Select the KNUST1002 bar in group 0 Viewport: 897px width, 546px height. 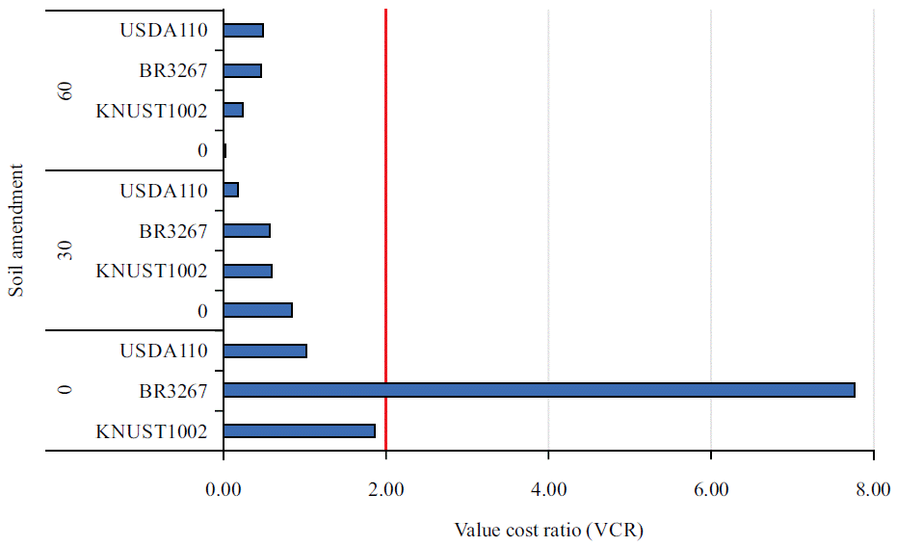click(x=299, y=430)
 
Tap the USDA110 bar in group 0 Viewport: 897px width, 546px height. click(x=265, y=351)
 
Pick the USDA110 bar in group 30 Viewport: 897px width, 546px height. click(x=231, y=190)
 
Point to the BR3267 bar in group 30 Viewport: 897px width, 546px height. click(x=247, y=230)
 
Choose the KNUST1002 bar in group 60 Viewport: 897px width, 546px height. click(x=233, y=110)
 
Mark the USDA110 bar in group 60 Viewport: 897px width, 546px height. click(x=244, y=30)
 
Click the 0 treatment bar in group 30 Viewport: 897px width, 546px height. click(x=257, y=310)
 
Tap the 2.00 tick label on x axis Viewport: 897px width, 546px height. click(x=385, y=490)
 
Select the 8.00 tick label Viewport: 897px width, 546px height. click(x=873, y=490)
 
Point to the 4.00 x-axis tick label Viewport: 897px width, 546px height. click(x=548, y=490)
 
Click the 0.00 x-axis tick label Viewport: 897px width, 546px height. click(x=224, y=490)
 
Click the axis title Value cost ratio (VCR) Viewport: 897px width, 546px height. click(x=548, y=530)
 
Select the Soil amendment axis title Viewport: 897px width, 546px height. click(x=16, y=230)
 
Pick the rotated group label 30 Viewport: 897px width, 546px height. click(x=66, y=250)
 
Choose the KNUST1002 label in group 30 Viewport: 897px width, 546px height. click(x=151, y=271)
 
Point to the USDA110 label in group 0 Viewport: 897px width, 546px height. click(x=164, y=351)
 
